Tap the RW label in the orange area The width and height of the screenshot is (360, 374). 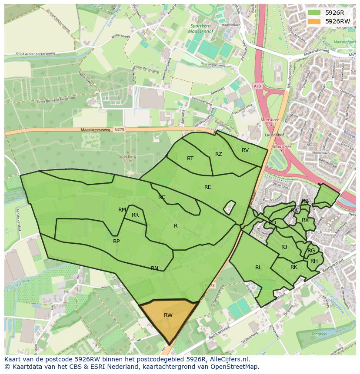[168, 315]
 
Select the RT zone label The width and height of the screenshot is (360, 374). [190, 159]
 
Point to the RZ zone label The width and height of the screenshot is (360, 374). [219, 154]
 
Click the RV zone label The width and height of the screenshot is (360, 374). [245, 150]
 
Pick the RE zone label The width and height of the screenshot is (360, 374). [208, 187]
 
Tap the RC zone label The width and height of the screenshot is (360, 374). [162, 197]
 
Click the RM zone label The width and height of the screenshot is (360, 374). [122, 210]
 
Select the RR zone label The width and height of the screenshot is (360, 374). [135, 215]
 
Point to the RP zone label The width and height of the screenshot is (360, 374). [116, 242]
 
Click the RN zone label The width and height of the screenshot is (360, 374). [154, 268]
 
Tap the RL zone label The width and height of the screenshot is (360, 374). [258, 268]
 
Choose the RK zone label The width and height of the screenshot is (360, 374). [294, 267]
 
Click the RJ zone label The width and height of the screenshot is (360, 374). [284, 247]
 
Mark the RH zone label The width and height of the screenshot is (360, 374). [314, 261]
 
